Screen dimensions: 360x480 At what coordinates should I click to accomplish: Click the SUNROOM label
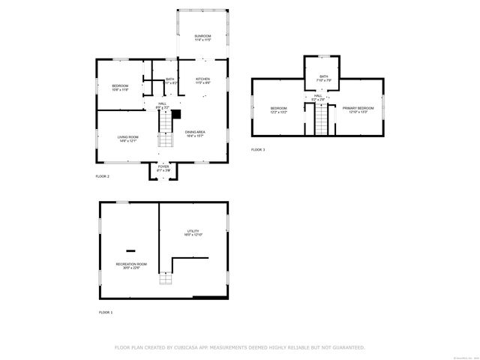click(x=202, y=37)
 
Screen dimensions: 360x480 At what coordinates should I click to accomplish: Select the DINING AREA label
click(x=196, y=133)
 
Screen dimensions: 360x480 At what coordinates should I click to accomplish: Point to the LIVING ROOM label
click(x=127, y=138)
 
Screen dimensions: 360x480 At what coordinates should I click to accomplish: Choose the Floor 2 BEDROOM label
click(x=121, y=87)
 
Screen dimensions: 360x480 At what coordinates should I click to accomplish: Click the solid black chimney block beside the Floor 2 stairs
click(x=177, y=115)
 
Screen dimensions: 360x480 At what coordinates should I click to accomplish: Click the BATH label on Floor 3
click(x=323, y=76)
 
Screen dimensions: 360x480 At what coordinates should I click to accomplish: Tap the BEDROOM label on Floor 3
click(x=279, y=109)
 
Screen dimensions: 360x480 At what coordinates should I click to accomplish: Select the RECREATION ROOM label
click(x=131, y=265)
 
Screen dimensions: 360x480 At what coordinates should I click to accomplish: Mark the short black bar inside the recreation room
click(x=131, y=250)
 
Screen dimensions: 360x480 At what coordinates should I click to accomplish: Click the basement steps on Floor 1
click(x=166, y=280)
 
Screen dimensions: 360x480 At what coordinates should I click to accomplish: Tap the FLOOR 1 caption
click(x=106, y=311)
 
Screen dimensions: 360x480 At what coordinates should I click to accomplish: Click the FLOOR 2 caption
click(x=103, y=175)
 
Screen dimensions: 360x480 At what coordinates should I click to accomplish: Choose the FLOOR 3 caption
click(x=258, y=150)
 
